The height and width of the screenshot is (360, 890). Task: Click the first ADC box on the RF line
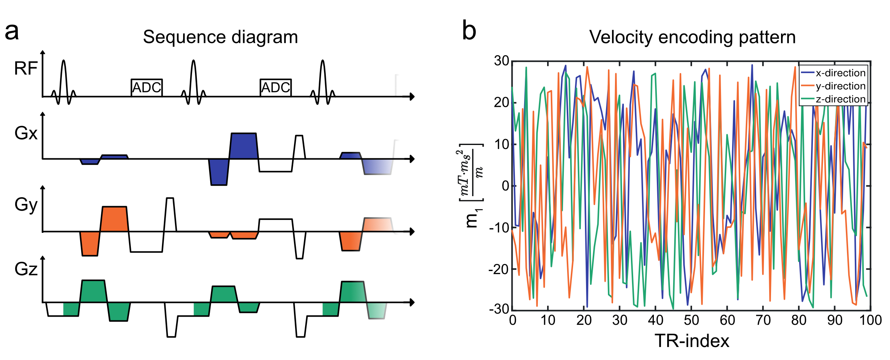pyautogui.click(x=147, y=88)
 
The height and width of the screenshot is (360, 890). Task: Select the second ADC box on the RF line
pyautogui.click(x=276, y=88)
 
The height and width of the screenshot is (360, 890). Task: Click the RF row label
pyautogui.click(x=26, y=69)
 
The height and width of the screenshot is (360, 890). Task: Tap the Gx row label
pyautogui.click(x=26, y=133)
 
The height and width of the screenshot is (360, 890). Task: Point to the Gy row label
pyautogui.click(x=26, y=205)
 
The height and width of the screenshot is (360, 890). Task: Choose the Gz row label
pyautogui.click(x=26, y=269)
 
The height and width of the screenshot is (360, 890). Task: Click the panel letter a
pyautogui.click(x=12, y=32)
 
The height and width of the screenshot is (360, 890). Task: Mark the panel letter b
pyautogui.click(x=469, y=31)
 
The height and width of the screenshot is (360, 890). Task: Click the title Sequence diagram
pyautogui.click(x=220, y=37)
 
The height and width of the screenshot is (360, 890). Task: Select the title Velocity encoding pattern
pyautogui.click(x=692, y=37)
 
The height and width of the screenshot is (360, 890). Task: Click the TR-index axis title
pyautogui.click(x=692, y=341)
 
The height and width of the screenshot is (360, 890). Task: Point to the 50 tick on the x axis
pyautogui.click(x=691, y=320)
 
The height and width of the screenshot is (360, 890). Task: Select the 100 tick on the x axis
pyautogui.click(x=870, y=320)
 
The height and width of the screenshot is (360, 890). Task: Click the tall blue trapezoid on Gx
pyautogui.click(x=244, y=146)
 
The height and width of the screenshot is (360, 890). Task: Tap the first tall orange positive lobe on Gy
pyautogui.click(x=115, y=219)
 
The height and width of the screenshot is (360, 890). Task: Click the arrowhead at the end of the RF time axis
pyautogui.click(x=411, y=97)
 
